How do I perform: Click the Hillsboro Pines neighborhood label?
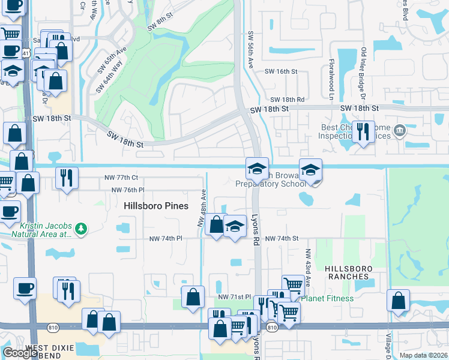pyautogui.click(x=156, y=206)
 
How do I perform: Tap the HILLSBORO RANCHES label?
pyautogui.click(x=349, y=272)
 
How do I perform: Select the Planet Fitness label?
pyautogui.click(x=327, y=298)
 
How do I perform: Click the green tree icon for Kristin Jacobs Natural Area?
pyautogui.click(x=81, y=228)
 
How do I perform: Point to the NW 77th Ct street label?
pyautogui.click(x=121, y=178)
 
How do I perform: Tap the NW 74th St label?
pyautogui.click(x=282, y=239)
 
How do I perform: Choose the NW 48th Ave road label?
pyautogui.click(x=203, y=208)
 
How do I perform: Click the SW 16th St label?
pyautogui.click(x=282, y=71)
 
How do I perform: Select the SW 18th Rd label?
pyautogui.click(x=288, y=100)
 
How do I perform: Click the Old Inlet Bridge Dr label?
pyautogui.click(x=363, y=73)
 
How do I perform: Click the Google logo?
pyautogui.click(x=20, y=353)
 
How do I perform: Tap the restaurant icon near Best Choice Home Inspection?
pyautogui.click(x=362, y=131)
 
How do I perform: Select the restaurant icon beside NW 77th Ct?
pyautogui.click(x=66, y=177)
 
